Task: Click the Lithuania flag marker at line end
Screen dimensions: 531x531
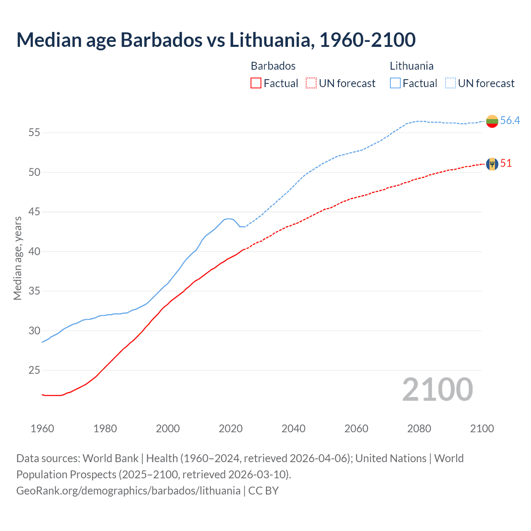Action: click(492, 121)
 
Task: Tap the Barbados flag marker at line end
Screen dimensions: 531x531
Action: click(492, 164)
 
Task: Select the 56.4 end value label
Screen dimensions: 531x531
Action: click(510, 120)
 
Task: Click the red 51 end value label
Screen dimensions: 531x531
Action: click(506, 163)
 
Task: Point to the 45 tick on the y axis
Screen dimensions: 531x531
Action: click(34, 212)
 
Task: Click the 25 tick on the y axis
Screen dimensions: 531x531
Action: click(34, 370)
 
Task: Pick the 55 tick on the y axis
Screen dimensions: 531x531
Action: click(34, 133)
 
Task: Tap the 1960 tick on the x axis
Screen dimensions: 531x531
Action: click(42, 429)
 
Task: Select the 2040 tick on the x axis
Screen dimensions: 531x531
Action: click(293, 429)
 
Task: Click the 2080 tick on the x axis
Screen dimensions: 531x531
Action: click(419, 429)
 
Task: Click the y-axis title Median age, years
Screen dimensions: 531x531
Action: click(17, 258)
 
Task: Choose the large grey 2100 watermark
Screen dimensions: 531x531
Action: click(437, 390)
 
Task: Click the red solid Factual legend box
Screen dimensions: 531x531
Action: click(256, 83)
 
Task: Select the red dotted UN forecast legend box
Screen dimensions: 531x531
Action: click(311, 83)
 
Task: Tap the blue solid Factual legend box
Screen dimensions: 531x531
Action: click(395, 83)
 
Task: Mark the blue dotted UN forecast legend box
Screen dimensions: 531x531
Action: click(450, 83)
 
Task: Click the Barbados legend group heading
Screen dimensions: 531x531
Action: click(273, 66)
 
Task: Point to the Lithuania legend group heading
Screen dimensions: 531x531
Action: click(412, 66)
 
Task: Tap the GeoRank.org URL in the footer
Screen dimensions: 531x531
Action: click(128, 491)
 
